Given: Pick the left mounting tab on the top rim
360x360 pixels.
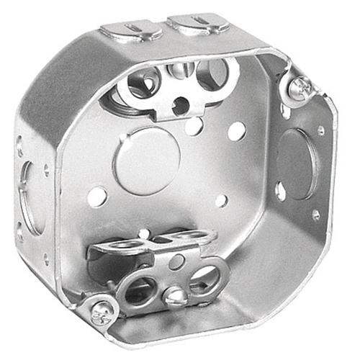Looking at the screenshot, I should [x=130, y=30].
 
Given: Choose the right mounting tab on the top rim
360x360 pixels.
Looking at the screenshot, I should [x=197, y=24].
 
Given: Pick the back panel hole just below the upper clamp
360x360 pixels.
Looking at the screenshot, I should [x=193, y=126].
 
